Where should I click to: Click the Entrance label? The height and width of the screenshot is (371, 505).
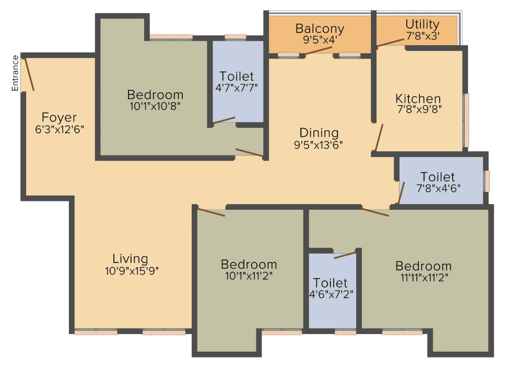15,73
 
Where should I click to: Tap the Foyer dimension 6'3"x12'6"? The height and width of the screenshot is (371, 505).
60,129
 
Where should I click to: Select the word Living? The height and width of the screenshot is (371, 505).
130,259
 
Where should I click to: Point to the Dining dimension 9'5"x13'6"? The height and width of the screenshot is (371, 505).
318,145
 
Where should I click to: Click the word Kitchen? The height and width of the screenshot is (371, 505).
418,99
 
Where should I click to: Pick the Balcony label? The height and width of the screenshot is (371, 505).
320,29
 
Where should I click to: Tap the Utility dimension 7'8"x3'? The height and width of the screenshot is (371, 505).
422,36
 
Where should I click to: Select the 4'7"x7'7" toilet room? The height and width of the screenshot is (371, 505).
238,81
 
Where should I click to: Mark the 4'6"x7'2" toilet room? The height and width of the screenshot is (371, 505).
332,291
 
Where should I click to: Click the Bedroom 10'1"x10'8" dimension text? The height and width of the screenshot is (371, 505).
155,106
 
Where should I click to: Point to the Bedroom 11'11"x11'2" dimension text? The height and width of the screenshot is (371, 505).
424,278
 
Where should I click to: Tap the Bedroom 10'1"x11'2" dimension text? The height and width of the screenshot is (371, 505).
249,276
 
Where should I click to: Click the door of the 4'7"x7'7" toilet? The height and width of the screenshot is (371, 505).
224,121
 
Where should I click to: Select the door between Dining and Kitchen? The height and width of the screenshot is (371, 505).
379,137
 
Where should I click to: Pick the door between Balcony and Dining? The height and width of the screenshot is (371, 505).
318,51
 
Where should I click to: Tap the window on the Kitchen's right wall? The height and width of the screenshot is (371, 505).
466,121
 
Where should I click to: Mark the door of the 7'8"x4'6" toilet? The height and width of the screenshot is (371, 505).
401,193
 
